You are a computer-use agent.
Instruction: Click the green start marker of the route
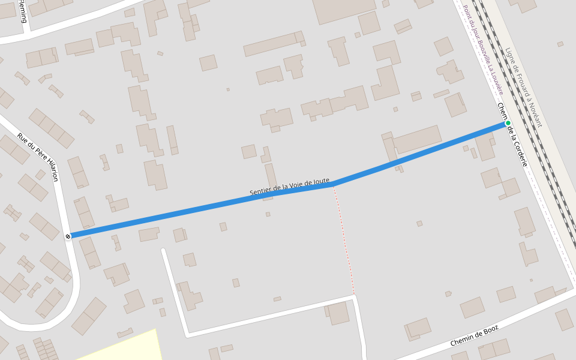(508, 123)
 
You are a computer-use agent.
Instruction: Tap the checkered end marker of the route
(68, 236)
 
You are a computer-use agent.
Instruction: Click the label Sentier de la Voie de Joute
(289, 187)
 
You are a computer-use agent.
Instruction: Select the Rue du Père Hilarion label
(38, 157)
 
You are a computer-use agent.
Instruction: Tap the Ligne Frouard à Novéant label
(523, 88)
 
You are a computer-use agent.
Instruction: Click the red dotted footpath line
(344, 240)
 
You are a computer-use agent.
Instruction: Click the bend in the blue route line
(334, 184)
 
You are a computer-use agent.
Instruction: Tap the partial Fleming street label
(22, 11)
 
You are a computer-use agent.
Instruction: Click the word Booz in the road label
(490, 329)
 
